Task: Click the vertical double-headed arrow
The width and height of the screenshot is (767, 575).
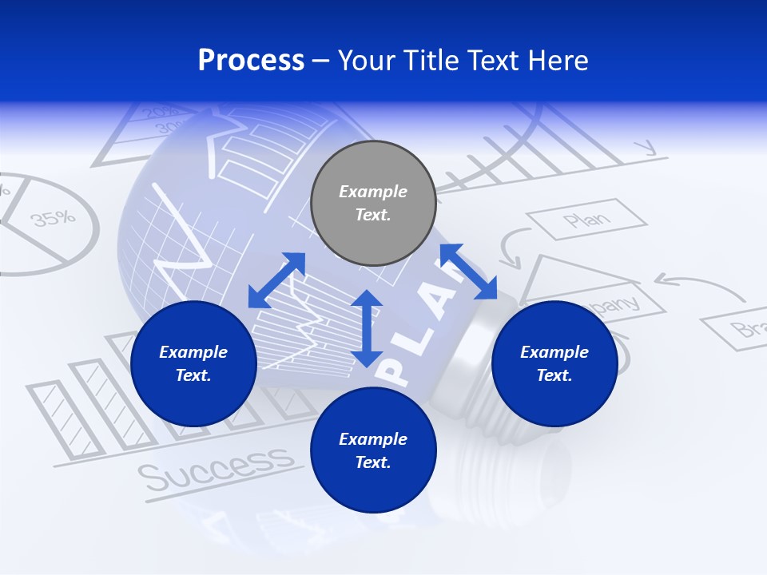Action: (367, 328)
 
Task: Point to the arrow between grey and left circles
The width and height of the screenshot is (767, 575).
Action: (276, 280)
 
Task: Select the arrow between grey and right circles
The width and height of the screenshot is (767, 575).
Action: (468, 272)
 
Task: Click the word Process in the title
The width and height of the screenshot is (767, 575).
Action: (251, 60)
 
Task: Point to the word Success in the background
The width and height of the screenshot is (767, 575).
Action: (215, 467)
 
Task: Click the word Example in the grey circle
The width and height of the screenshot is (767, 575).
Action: (373, 192)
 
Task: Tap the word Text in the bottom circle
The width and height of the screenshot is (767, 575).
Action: (373, 462)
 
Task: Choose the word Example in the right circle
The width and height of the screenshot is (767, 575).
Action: (554, 352)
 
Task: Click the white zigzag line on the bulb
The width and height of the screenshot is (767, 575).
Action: (184, 240)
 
